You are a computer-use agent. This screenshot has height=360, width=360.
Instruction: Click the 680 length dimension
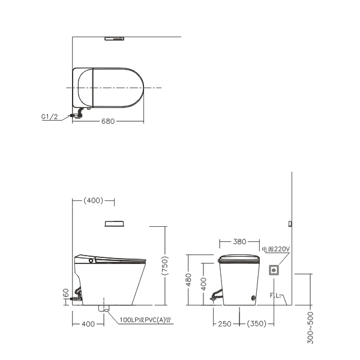[108, 121]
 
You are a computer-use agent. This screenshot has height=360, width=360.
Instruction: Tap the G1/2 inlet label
[49, 116]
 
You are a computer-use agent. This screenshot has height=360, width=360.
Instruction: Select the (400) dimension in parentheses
[93, 200]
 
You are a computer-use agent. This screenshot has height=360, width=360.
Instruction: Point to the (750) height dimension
[165, 266]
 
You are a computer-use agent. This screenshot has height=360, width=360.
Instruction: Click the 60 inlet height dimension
[66, 293]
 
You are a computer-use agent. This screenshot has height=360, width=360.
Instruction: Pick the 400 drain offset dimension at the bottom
[88, 324]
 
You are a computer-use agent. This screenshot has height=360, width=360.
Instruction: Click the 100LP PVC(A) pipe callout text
[145, 320]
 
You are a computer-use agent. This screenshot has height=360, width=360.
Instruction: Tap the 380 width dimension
[239, 242]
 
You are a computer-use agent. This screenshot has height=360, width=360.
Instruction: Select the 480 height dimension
[188, 280]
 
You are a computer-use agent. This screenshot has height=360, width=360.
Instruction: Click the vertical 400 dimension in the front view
[203, 284]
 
